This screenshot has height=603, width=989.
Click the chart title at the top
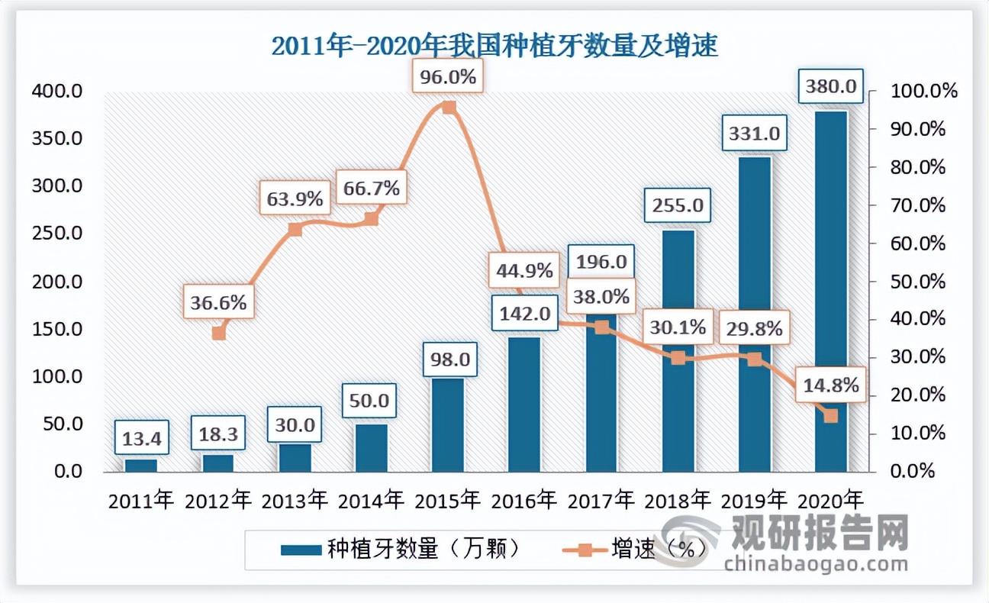(x=494, y=47)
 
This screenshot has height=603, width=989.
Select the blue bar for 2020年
(x=830, y=290)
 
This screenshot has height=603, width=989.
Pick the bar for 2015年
(x=448, y=424)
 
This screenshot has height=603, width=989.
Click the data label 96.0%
(x=448, y=77)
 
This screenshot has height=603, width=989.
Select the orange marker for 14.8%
(x=830, y=416)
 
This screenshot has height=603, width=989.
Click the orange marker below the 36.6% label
(x=219, y=333)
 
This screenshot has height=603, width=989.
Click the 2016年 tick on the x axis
(x=524, y=501)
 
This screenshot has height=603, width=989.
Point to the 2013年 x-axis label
(x=295, y=501)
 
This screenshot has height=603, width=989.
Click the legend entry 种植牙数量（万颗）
(x=401, y=549)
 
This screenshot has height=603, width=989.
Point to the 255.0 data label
(x=678, y=205)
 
